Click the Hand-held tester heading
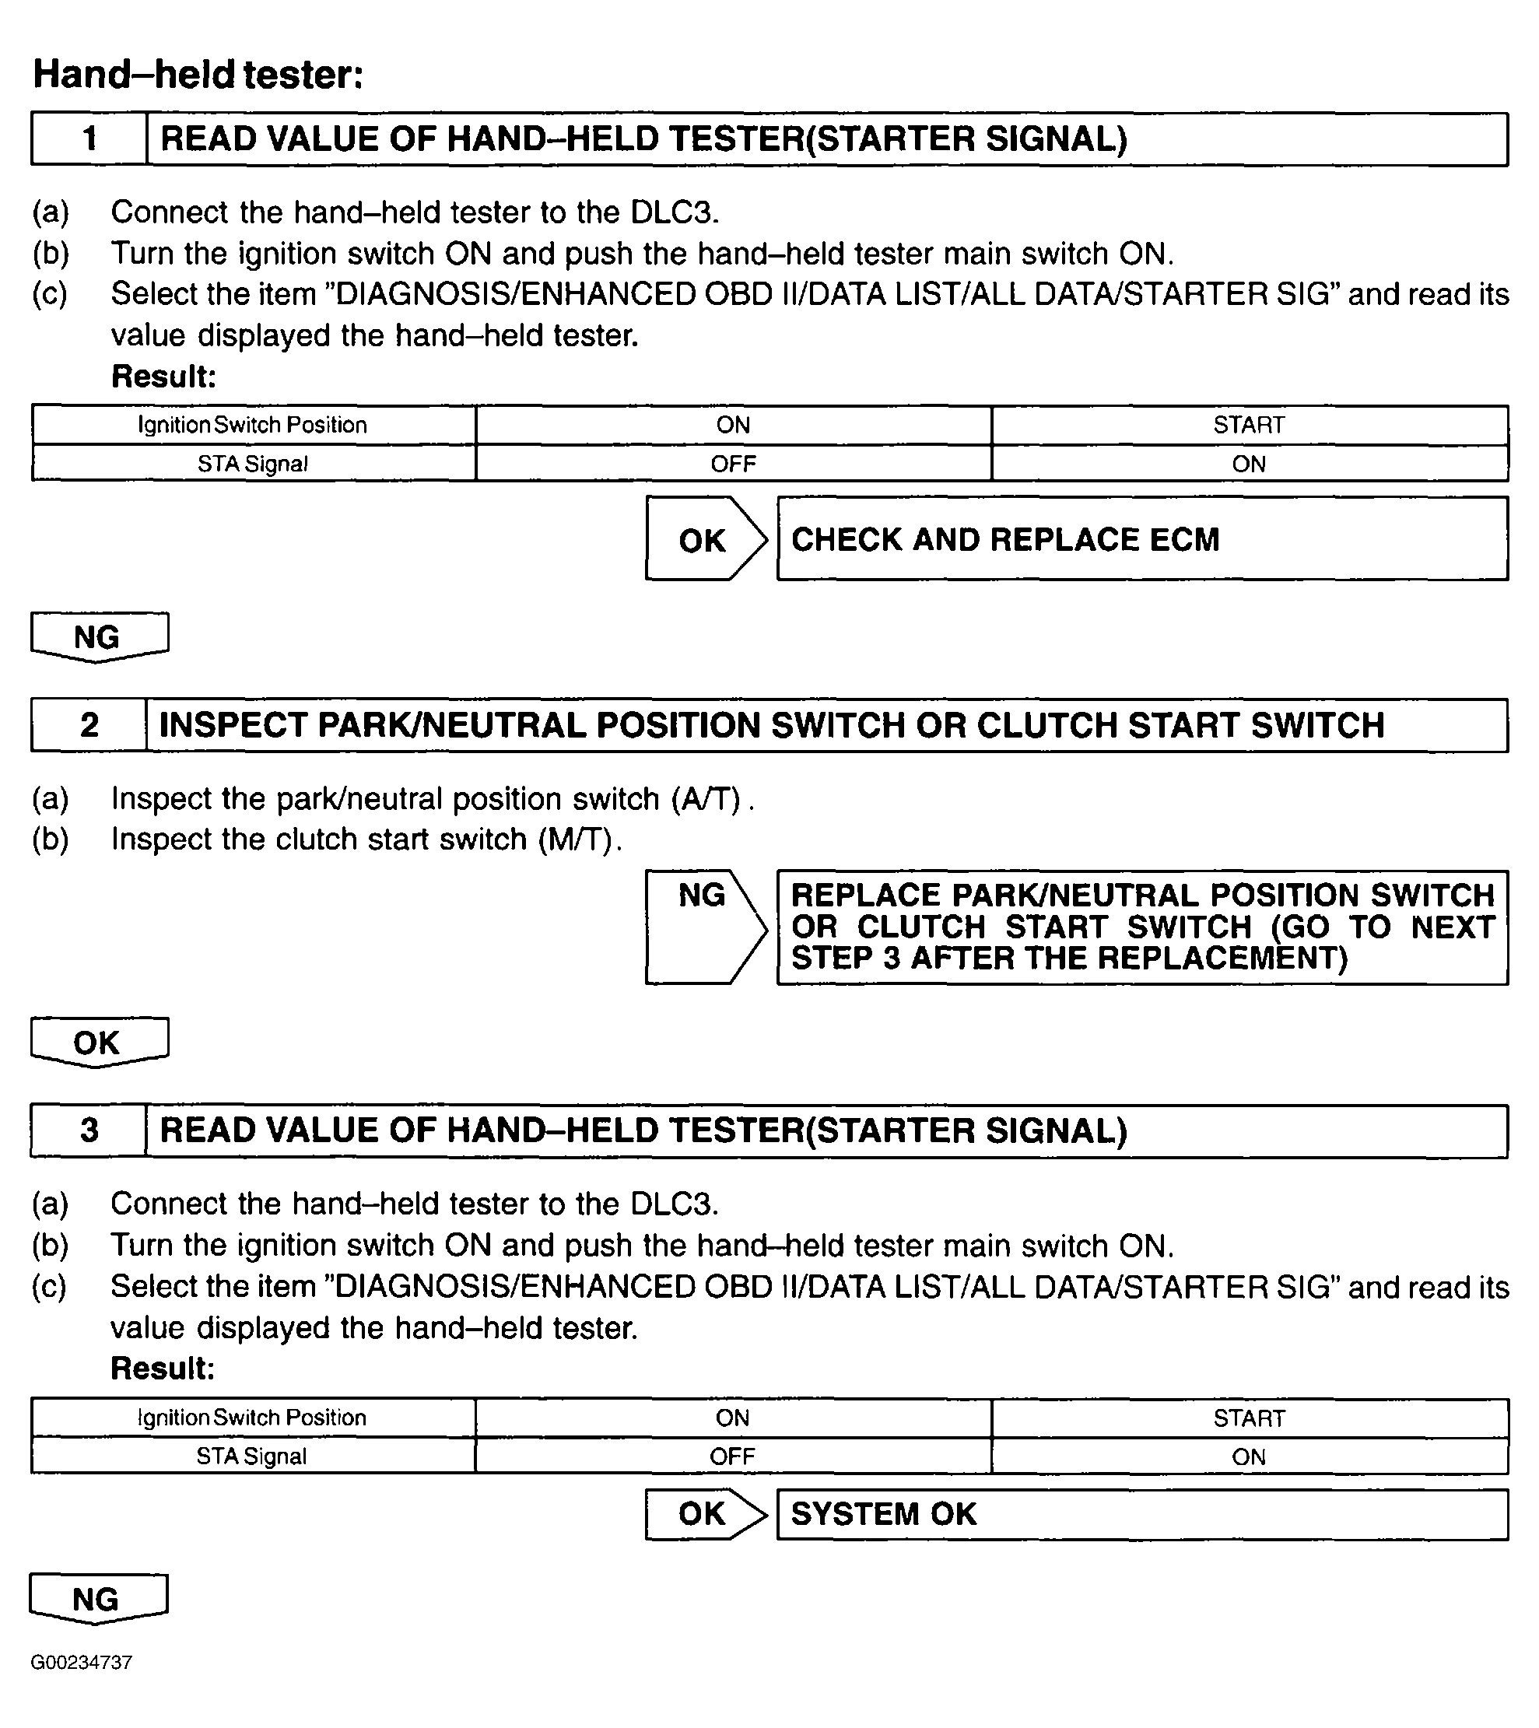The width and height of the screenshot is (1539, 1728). (x=198, y=75)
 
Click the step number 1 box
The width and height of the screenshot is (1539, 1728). (x=89, y=138)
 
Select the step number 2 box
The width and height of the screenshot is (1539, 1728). (x=89, y=725)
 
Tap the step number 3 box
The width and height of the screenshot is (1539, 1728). (x=89, y=1130)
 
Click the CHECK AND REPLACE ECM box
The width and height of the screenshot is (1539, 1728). (x=1141, y=539)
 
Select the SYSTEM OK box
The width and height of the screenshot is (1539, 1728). (x=1141, y=1514)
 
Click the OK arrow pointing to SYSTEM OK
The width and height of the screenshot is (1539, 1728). (x=703, y=1514)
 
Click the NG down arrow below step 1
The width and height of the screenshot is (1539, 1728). (x=98, y=636)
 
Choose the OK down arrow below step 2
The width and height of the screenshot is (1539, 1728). (x=98, y=1042)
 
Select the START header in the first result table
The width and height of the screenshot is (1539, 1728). (x=1249, y=426)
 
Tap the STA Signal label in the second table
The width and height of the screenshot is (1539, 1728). (x=252, y=1456)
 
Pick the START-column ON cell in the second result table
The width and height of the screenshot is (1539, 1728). (x=1249, y=1456)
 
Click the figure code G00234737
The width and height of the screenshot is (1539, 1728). (x=81, y=1663)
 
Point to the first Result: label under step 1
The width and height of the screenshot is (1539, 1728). (x=164, y=377)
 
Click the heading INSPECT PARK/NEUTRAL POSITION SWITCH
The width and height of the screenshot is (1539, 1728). (x=771, y=725)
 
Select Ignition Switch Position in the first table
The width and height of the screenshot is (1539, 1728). (x=253, y=426)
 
